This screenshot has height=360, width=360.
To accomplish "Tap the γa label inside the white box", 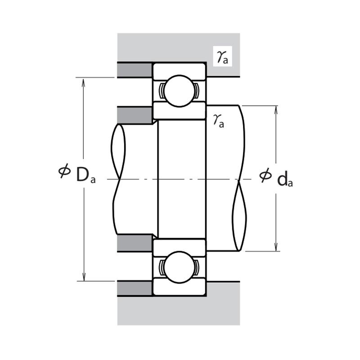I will (222, 57).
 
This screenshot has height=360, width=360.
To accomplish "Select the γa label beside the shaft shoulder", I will (219, 120).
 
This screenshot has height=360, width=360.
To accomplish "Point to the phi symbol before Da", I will (64, 171).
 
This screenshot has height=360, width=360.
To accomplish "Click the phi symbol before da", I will (265, 175).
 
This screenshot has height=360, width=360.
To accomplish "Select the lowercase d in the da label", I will (283, 179).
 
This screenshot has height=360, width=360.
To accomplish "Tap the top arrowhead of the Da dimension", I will (83, 81).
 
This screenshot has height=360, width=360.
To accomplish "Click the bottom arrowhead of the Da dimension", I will (83, 278).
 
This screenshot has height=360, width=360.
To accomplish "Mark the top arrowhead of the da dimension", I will (276, 109).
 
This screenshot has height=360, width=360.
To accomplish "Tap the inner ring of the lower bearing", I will (180, 246).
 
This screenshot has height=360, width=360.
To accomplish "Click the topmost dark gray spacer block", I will (135, 70).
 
